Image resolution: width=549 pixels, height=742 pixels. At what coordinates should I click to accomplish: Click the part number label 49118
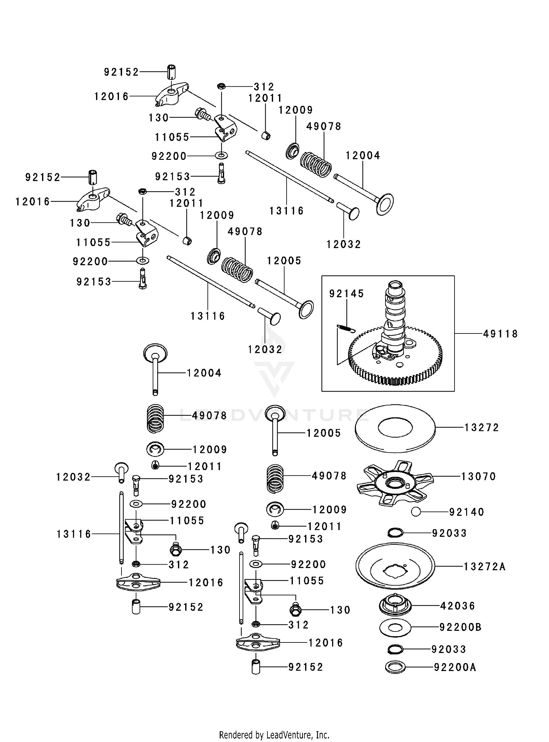click(x=500, y=334)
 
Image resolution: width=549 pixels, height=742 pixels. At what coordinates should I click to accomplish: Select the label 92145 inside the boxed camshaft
click(x=346, y=294)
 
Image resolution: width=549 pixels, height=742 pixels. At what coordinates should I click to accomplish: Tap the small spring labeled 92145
click(x=346, y=328)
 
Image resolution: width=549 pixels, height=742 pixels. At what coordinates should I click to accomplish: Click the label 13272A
click(x=484, y=566)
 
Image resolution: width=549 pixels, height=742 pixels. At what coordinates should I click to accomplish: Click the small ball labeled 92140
click(x=415, y=512)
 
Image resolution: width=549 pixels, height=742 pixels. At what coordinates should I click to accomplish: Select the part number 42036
click(x=458, y=606)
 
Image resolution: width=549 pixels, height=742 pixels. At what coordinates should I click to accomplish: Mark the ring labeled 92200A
click(x=395, y=667)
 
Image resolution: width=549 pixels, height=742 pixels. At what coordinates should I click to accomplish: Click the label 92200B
click(x=460, y=627)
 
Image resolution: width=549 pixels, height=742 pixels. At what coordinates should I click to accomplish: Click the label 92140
click(x=466, y=512)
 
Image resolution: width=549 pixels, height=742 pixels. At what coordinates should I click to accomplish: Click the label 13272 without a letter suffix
click(x=482, y=427)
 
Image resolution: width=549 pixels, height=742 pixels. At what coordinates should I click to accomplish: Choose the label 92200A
click(x=455, y=667)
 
